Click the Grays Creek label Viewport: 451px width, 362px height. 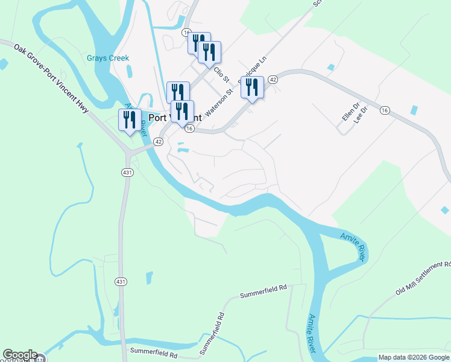pyautogui.click(x=108, y=59)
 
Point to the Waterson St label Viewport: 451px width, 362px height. pyautogui.click(x=218, y=103)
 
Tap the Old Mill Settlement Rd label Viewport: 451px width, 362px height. pyautogui.click(x=423, y=278)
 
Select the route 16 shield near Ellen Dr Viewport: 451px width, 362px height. pyautogui.click(x=385, y=109)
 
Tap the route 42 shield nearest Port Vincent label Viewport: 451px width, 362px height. pyautogui.click(x=158, y=141)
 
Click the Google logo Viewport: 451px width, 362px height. pyautogui.click(x=20, y=355)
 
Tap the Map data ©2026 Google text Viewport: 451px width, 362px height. pyautogui.click(x=414, y=357)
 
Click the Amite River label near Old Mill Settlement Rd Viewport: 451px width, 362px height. pyautogui.click(x=353, y=247)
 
